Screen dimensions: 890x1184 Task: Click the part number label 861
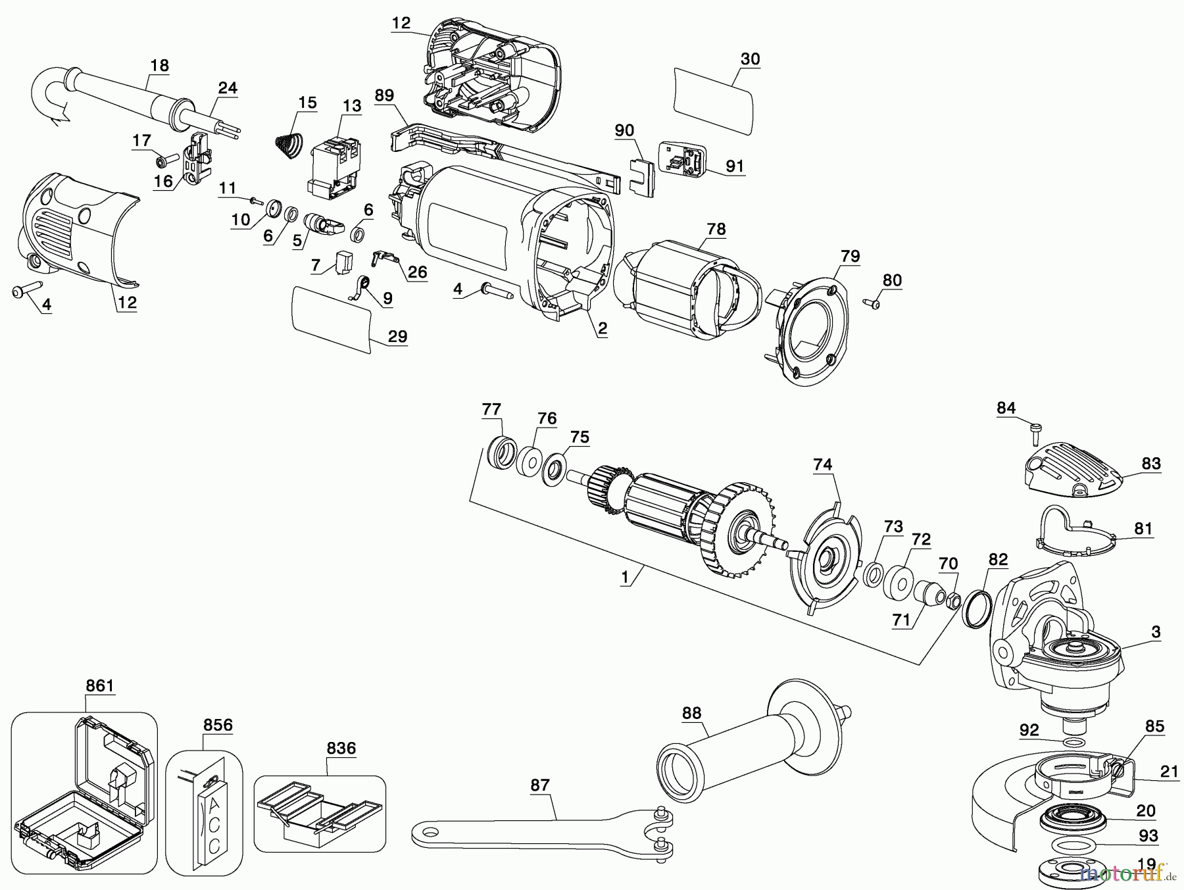(x=99, y=686)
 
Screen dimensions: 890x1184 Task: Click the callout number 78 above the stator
(x=716, y=229)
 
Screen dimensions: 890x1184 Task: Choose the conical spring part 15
(x=287, y=143)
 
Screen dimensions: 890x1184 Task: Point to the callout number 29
(x=397, y=336)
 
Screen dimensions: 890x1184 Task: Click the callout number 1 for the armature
(x=624, y=578)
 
